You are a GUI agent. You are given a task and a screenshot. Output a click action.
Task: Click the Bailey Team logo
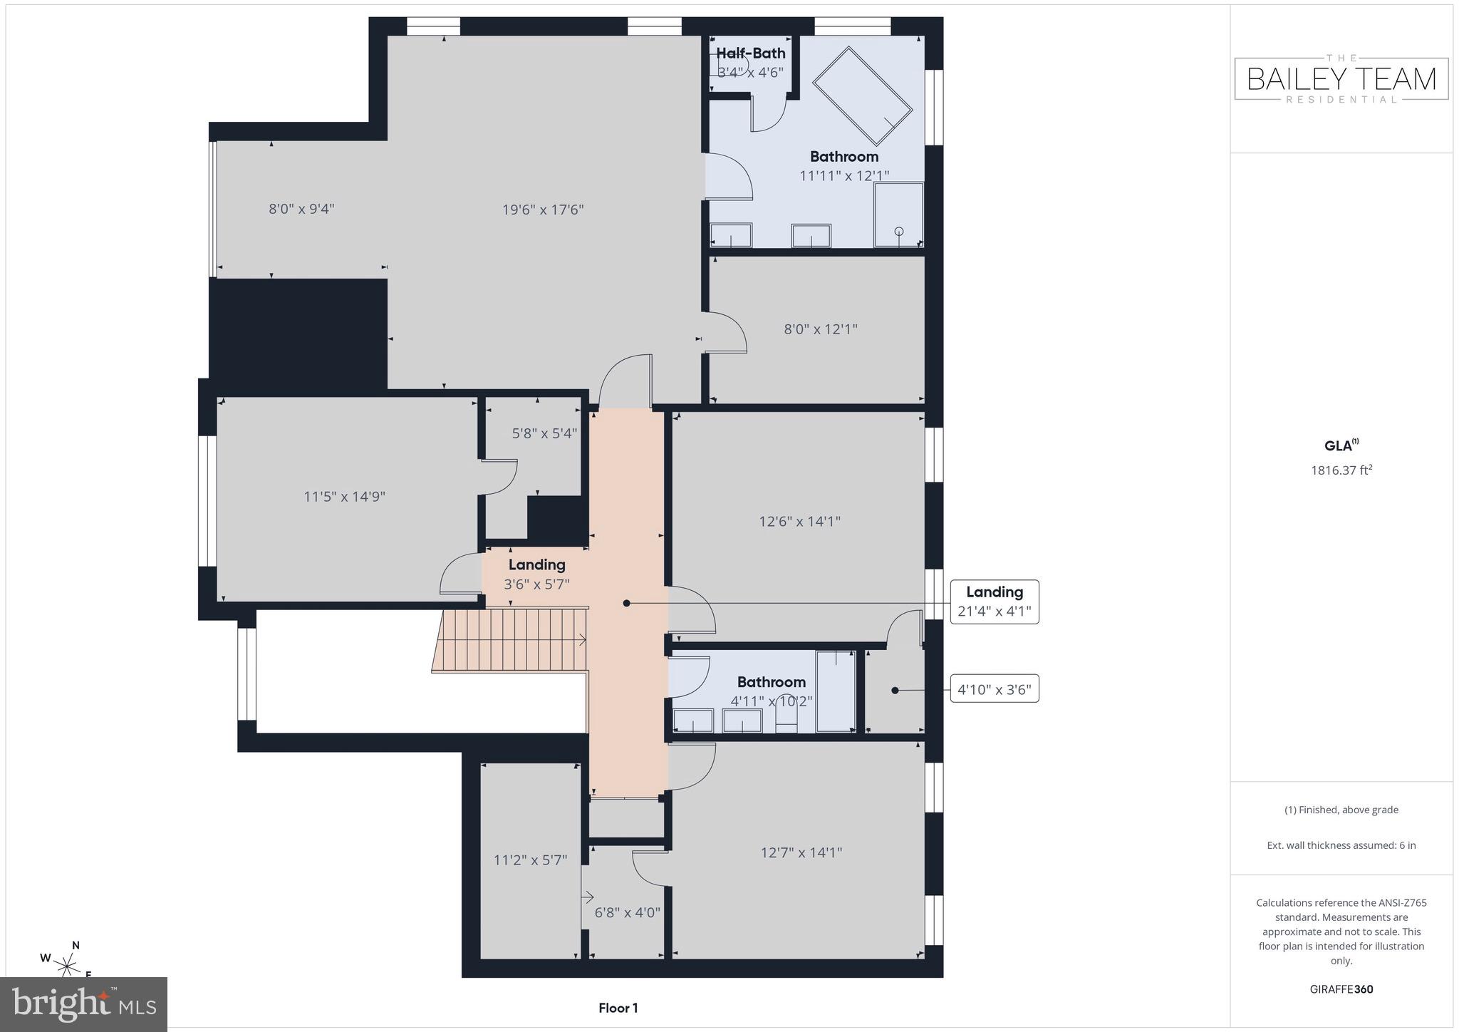click(x=1341, y=79)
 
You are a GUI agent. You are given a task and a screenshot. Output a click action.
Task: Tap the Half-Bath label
click(x=750, y=53)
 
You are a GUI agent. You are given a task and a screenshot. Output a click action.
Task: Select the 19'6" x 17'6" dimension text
click(x=543, y=210)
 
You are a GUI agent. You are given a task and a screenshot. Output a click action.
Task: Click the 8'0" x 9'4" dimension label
click(x=301, y=209)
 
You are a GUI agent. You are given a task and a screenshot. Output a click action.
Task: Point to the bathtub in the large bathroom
click(x=862, y=95)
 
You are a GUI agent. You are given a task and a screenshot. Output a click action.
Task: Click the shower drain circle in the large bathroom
click(x=898, y=231)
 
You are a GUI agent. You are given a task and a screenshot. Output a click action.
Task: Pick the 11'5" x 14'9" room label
click(x=344, y=497)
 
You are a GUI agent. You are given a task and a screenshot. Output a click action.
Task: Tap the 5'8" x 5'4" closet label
click(x=544, y=433)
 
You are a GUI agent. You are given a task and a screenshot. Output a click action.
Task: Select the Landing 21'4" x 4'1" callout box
click(x=994, y=602)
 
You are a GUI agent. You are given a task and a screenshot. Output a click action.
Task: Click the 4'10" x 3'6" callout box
click(x=994, y=689)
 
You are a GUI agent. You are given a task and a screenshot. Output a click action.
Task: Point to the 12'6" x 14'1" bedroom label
click(x=799, y=522)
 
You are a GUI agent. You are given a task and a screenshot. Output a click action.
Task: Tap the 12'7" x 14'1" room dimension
click(x=801, y=852)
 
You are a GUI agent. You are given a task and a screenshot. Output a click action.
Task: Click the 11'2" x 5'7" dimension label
click(x=530, y=860)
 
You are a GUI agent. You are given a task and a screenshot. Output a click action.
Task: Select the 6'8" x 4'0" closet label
click(x=627, y=912)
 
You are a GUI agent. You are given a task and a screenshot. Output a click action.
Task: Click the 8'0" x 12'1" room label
click(x=820, y=329)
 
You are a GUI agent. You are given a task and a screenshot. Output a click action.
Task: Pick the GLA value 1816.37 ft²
click(x=1341, y=470)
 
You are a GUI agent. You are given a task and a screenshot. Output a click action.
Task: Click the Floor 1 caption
click(x=618, y=1008)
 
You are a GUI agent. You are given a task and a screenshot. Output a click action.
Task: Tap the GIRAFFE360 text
click(x=1341, y=989)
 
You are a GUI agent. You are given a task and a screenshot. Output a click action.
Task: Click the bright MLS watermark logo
click(x=84, y=1004)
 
